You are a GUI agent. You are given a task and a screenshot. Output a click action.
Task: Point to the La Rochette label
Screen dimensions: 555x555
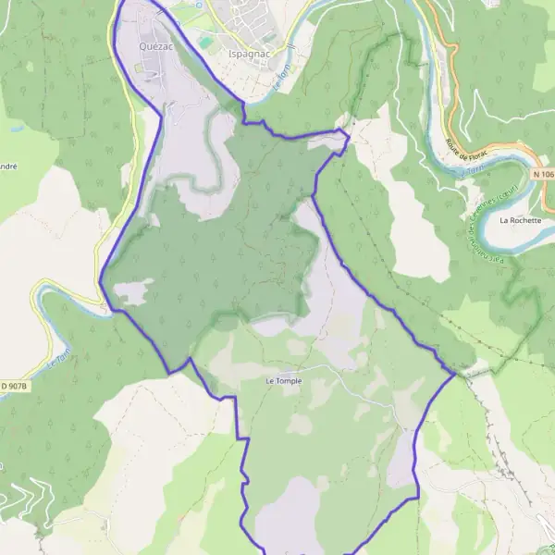click(518, 221)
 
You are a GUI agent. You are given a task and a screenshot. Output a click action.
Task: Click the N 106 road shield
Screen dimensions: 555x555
click(543, 174)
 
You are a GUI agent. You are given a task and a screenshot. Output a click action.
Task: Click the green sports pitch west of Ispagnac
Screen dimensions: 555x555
click(205, 42)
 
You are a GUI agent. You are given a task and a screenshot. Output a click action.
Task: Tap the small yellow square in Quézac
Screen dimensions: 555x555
click(141, 68)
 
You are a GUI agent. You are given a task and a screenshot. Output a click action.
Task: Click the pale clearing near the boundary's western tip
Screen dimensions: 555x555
click(130, 292)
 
